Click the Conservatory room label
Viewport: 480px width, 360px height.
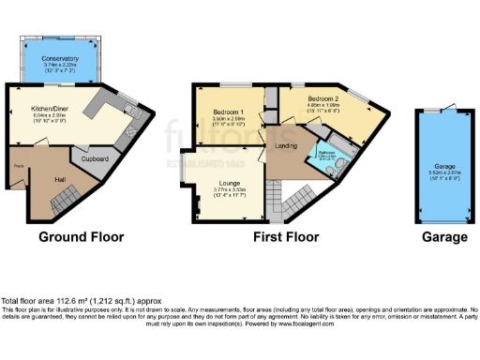coord(60,59)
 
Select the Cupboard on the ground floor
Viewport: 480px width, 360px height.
coord(96,159)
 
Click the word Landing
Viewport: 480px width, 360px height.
coord(287,142)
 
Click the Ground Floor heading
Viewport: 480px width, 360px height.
coord(81,237)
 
